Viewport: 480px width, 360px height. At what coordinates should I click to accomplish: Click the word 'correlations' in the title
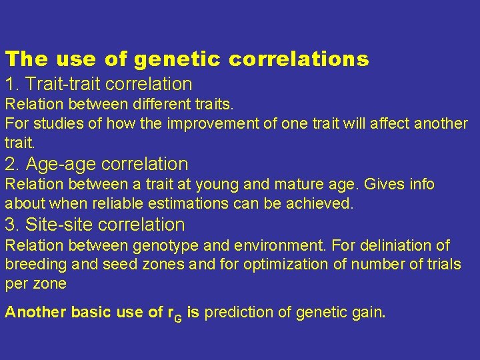pyautogui.click(x=299, y=59)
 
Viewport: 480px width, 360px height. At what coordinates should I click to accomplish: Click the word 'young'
pyautogui.click(x=223, y=184)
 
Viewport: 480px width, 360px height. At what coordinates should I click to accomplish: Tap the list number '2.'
pyautogui.click(x=13, y=164)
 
